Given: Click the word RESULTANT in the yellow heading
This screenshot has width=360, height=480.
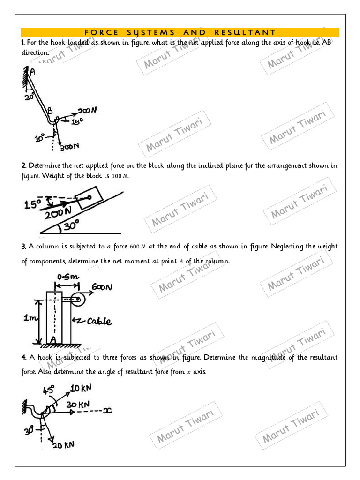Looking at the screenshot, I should click(245, 32).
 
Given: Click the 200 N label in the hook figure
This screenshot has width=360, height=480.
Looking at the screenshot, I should click(87, 111).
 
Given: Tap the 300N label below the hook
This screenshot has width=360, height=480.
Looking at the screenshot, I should click(69, 147).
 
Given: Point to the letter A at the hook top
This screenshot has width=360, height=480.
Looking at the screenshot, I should click(32, 72).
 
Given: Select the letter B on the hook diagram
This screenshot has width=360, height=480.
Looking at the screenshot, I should click(49, 111).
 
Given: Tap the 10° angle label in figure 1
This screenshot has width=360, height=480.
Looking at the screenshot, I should click(40, 138).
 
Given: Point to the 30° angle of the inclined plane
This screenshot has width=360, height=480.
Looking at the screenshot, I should click(71, 226).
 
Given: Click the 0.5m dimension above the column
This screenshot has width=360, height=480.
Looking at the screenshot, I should click(66, 277).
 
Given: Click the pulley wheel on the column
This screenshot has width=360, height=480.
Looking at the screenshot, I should click(78, 300).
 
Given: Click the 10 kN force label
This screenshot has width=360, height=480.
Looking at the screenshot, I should click(81, 389).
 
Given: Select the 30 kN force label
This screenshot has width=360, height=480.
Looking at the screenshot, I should click(78, 404).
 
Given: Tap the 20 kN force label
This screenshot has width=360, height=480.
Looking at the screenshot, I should click(63, 445).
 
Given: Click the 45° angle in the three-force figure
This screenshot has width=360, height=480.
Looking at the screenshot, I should click(49, 390).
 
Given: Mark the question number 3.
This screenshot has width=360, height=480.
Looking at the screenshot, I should click(23, 247).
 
